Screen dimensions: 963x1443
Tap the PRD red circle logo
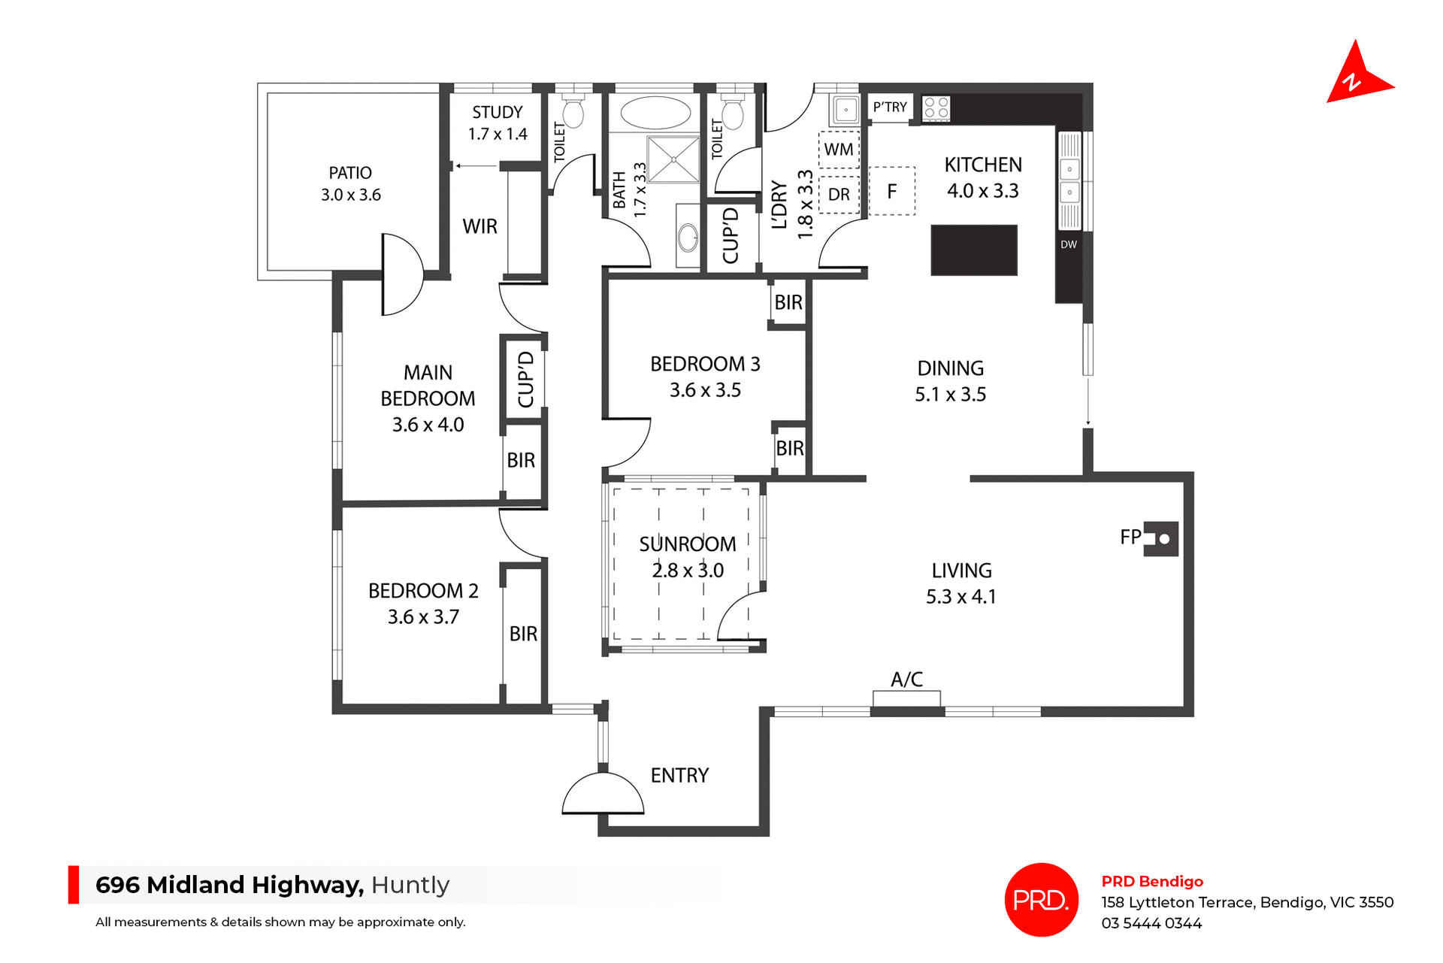tap(1041, 899)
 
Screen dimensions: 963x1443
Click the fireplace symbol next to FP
tap(1161, 538)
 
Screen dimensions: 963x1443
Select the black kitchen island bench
tap(973, 250)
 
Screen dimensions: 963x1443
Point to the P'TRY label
tap(890, 108)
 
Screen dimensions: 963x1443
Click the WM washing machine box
tap(839, 150)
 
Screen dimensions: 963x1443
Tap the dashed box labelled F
tap(892, 192)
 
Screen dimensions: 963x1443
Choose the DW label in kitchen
tap(1068, 244)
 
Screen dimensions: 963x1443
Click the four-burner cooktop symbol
tap(936, 108)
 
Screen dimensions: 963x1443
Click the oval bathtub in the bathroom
tap(655, 114)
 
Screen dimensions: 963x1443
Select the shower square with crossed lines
tap(673, 159)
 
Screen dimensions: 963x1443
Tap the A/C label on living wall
tap(906, 680)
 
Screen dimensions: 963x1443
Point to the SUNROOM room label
tap(687, 544)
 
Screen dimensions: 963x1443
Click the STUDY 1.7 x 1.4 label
tap(497, 123)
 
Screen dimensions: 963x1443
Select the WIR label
tap(479, 226)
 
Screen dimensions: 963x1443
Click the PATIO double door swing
tap(402, 274)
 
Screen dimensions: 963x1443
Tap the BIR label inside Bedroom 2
tap(523, 634)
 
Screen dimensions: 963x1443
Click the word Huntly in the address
tap(410, 885)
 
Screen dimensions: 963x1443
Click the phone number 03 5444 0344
tap(1151, 923)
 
